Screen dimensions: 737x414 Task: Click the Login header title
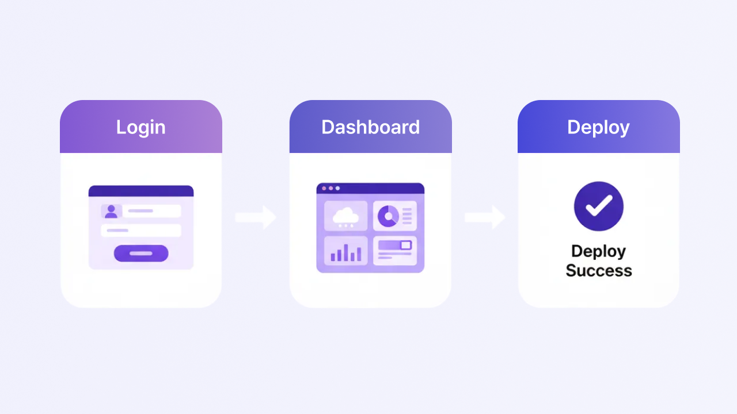click(x=141, y=128)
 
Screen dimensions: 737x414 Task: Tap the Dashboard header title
click(x=370, y=127)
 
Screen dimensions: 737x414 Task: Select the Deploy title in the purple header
click(x=598, y=128)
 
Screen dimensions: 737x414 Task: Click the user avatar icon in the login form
click(x=111, y=211)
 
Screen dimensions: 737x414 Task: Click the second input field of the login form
click(x=141, y=231)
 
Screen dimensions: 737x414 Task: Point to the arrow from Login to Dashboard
click(x=256, y=217)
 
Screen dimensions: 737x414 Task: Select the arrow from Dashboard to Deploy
click(x=485, y=217)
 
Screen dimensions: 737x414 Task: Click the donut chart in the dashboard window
click(x=388, y=216)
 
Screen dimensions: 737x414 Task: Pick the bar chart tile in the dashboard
click(x=346, y=250)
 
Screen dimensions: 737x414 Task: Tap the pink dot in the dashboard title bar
click(x=324, y=188)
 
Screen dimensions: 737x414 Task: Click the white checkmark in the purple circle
click(x=599, y=206)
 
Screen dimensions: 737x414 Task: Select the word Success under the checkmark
click(x=599, y=270)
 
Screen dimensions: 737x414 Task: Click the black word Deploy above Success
click(x=598, y=252)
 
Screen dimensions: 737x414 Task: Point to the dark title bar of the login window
click(x=141, y=191)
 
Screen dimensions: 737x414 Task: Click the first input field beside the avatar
click(x=151, y=211)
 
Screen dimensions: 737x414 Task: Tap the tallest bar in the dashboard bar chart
click(x=346, y=252)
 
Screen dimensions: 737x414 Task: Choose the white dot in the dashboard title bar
click(x=337, y=188)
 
